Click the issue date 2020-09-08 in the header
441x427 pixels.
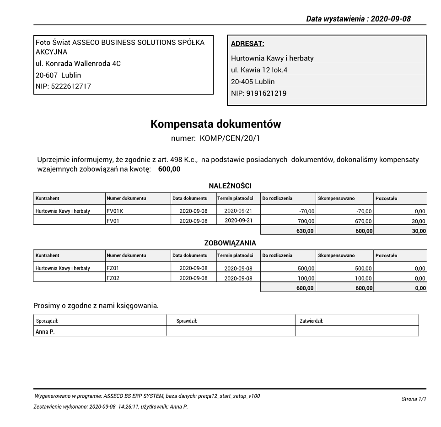click(391, 19)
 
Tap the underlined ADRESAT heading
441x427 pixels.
click(247, 44)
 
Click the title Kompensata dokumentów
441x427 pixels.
click(216, 124)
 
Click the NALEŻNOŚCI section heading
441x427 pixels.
click(230, 186)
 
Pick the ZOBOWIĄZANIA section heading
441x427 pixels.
click(230, 243)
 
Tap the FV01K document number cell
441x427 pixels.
click(115, 211)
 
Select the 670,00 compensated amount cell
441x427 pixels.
click(364, 221)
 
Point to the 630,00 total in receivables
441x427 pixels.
click(305, 231)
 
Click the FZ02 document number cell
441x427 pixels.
click(113, 278)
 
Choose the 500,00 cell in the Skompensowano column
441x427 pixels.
click(364, 268)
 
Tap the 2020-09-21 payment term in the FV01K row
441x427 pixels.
click(236, 211)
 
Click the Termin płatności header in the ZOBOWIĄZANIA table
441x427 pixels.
click(235, 255)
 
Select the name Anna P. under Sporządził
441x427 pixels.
click(45, 332)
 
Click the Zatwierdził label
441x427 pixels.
click(311, 321)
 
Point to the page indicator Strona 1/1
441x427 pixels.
click(414, 399)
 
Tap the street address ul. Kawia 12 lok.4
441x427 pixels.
click(259, 70)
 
